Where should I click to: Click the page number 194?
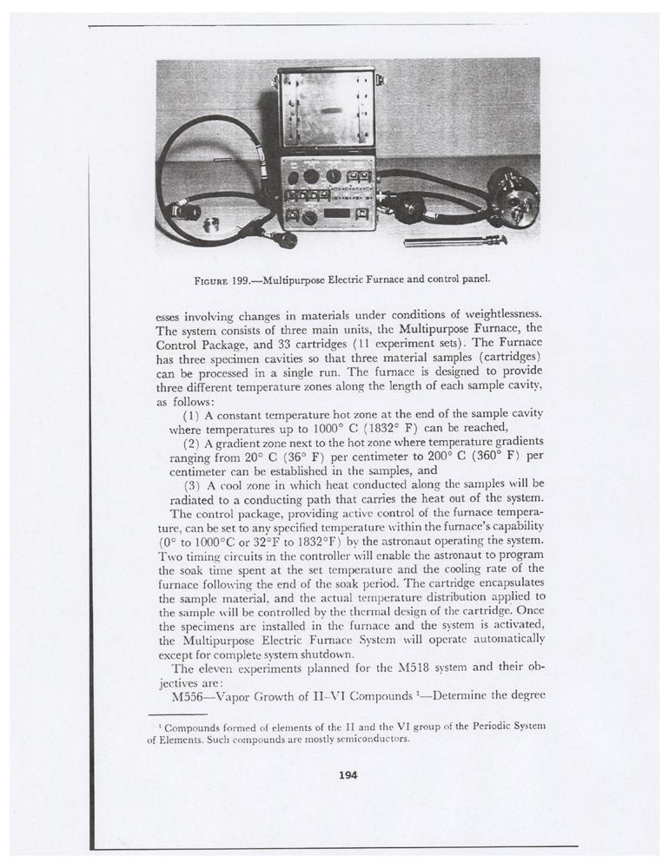[x=348, y=775]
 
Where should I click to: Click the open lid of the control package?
[x=326, y=109]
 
